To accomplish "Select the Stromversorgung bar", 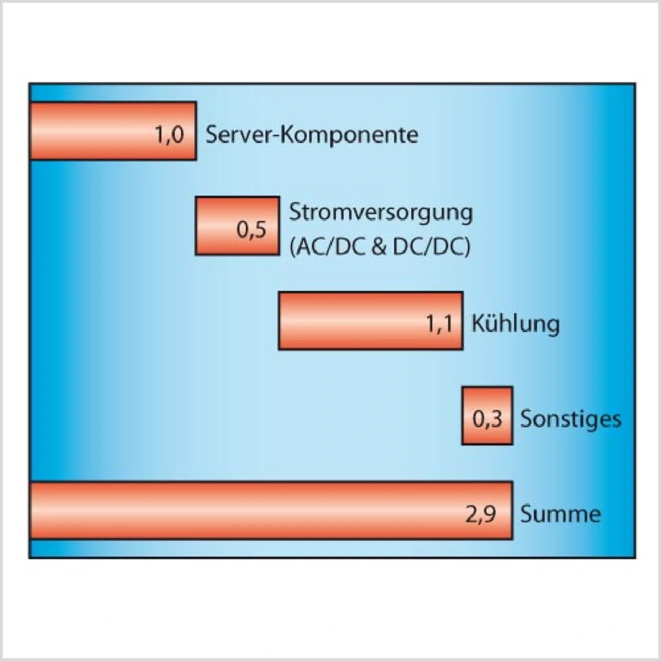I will [x=217, y=226].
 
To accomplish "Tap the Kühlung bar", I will [x=351, y=321].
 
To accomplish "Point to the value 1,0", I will [x=169, y=135].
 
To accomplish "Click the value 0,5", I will [x=251, y=230].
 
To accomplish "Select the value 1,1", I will [x=439, y=324].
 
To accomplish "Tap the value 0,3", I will [x=487, y=419].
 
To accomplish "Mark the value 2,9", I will [x=481, y=514].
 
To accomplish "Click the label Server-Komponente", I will [x=312, y=135].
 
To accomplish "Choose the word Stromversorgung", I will [x=381, y=212].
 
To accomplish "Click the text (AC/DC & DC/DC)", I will [x=380, y=247].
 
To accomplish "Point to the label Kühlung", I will [x=515, y=324].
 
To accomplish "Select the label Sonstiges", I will [x=571, y=419].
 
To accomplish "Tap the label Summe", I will [x=560, y=514].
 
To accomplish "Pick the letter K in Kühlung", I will [x=477, y=324].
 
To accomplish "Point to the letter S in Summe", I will [x=525, y=514].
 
